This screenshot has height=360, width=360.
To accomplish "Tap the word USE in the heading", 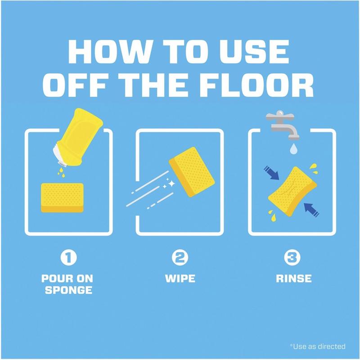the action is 255,52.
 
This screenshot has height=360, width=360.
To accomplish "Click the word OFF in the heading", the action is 75,85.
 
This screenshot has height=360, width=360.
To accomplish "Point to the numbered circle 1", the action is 68,257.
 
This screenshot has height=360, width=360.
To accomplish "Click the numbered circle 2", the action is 180,257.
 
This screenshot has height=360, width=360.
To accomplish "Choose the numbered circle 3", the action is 292,257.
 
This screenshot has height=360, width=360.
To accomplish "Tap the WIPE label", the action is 180,279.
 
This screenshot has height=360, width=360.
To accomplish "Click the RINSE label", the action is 294,279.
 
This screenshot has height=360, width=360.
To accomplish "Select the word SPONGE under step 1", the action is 69,290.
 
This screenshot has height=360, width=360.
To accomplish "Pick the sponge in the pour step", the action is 62,198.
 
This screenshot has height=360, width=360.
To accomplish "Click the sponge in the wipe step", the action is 192,172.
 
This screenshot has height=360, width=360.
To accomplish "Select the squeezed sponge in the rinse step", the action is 292,191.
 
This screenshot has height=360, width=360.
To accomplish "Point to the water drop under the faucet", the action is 293,148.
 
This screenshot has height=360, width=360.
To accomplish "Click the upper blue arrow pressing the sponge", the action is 271,173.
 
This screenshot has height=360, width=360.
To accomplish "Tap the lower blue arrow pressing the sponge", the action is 311,210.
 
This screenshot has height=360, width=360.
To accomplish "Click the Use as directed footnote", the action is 318,346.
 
